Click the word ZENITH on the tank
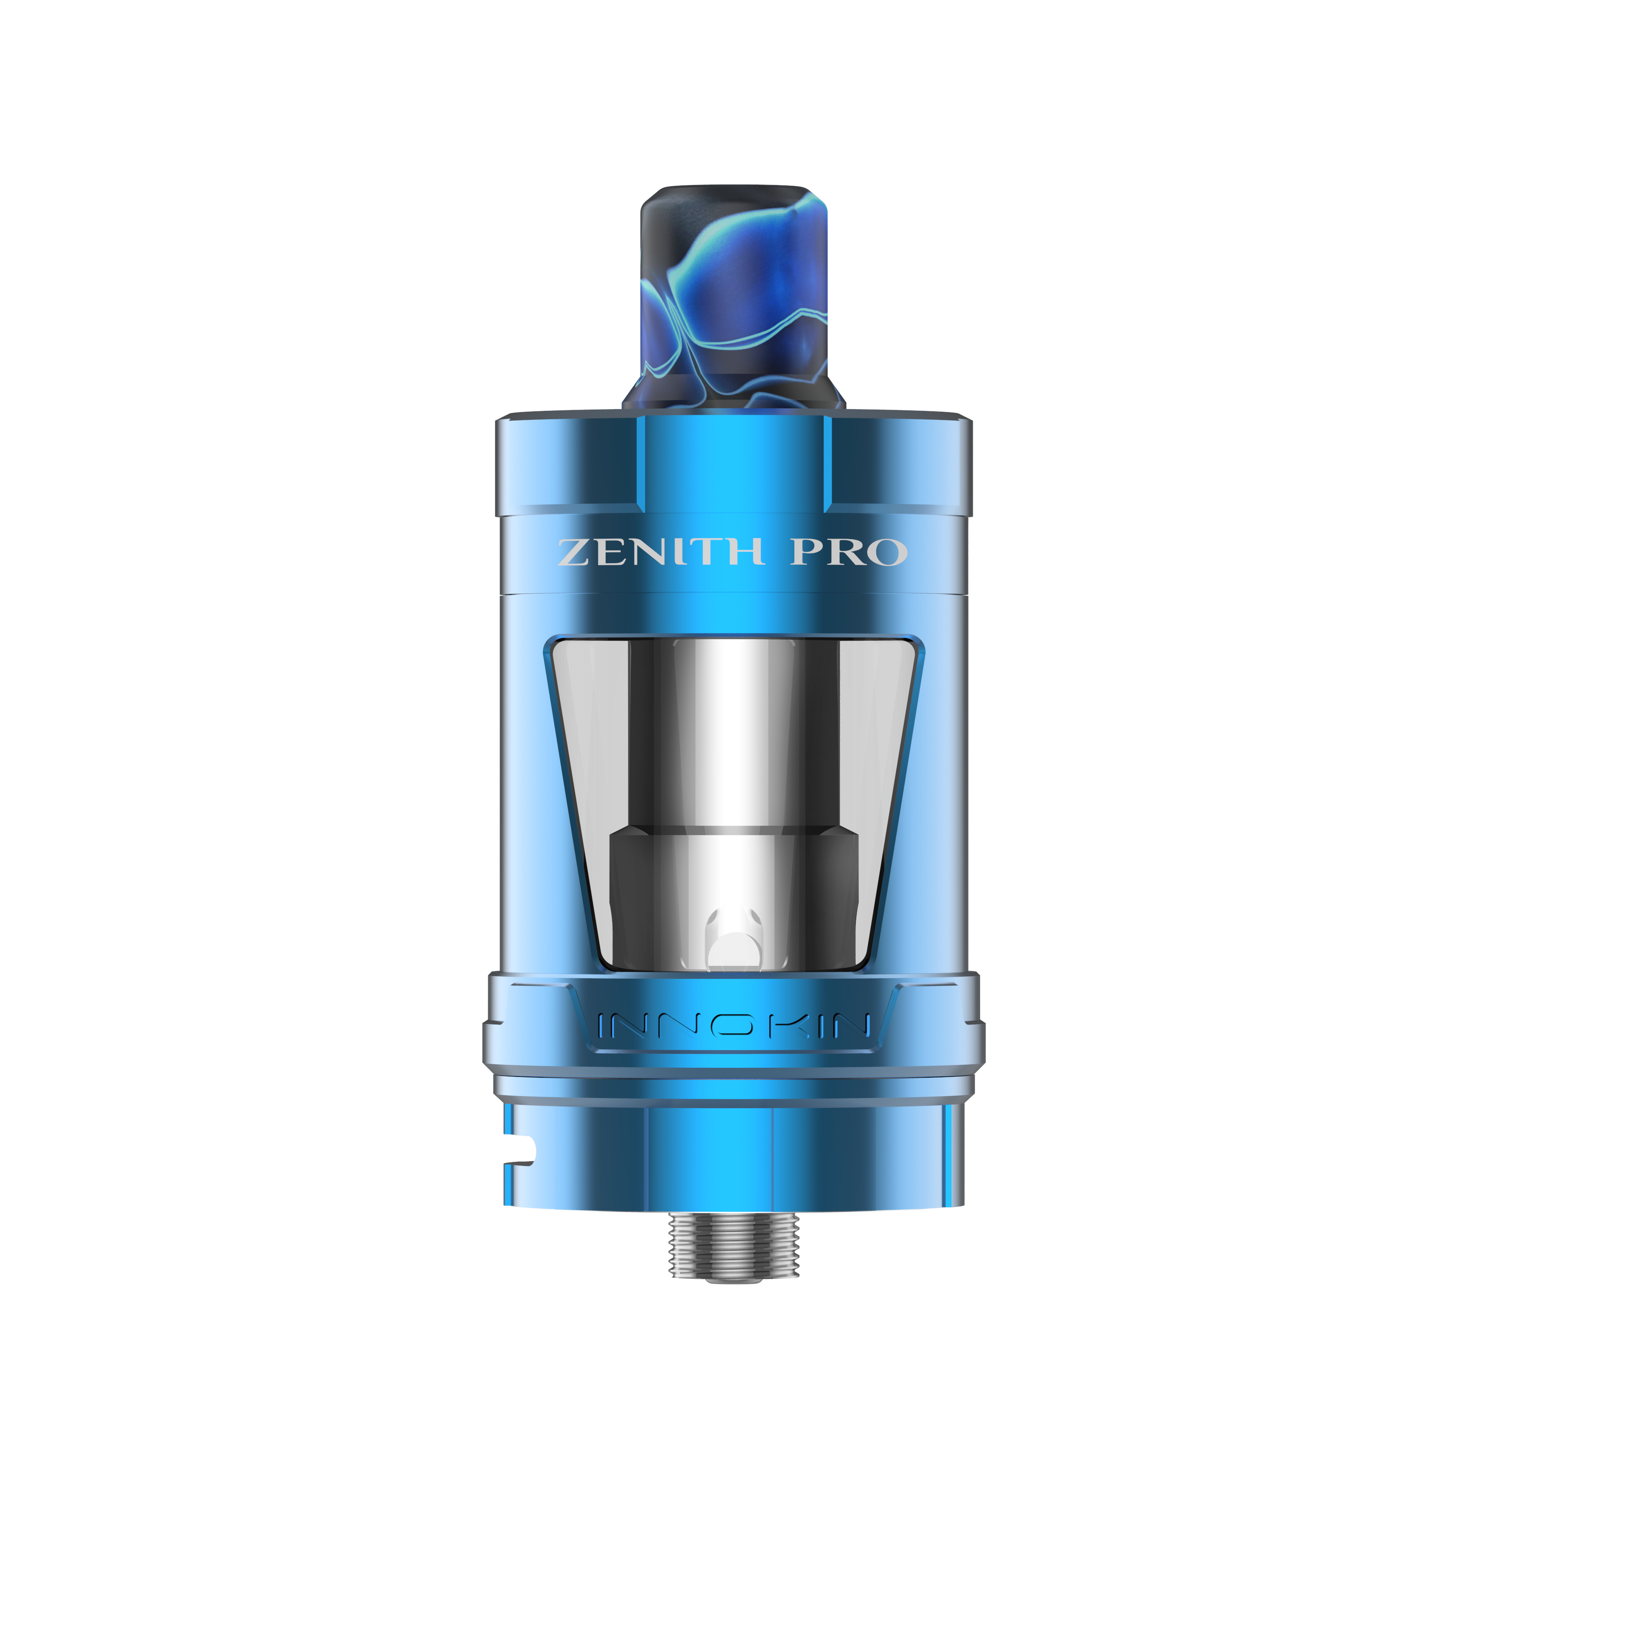pos(660,552)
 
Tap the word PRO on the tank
pos(849,552)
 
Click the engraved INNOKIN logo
pos(734,1025)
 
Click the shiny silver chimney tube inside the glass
pos(728,730)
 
